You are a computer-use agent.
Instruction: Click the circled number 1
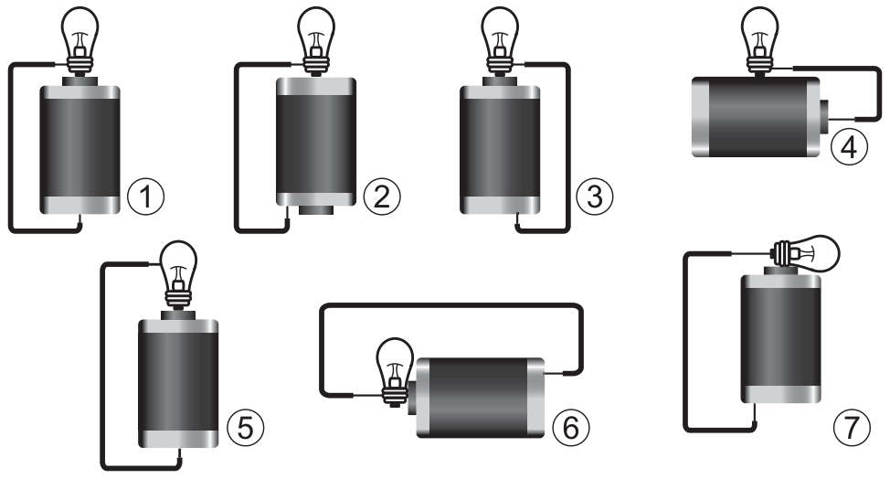[x=146, y=197]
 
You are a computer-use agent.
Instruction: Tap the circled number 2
[x=382, y=197]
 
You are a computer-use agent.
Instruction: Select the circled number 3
[x=595, y=197]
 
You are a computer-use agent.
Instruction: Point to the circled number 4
[x=849, y=146]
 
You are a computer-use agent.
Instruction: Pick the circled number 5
[x=245, y=427]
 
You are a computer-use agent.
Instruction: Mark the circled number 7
[x=852, y=427]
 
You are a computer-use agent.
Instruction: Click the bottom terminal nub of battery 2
[x=316, y=210]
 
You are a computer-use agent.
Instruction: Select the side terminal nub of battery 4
[x=825, y=116]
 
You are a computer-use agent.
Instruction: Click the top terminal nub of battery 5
[x=178, y=315]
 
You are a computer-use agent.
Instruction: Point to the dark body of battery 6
[x=481, y=398]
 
